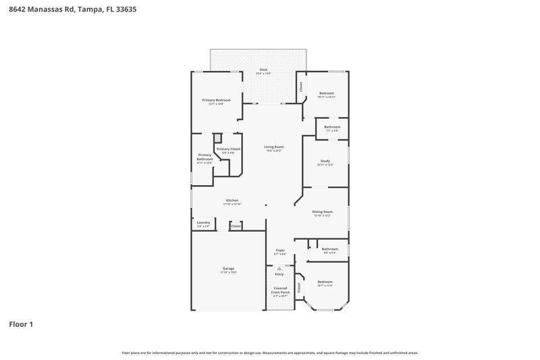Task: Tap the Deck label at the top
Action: (x=264, y=70)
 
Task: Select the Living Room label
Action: (x=273, y=147)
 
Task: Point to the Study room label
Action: (x=325, y=161)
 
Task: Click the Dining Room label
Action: (x=322, y=212)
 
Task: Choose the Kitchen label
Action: (x=232, y=201)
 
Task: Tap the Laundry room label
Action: (x=203, y=222)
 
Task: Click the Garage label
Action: (x=228, y=269)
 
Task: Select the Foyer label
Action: (x=279, y=251)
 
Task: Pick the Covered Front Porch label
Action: (x=279, y=291)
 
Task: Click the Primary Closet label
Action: (x=228, y=149)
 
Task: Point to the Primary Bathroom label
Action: (x=205, y=157)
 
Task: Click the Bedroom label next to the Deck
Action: (x=327, y=93)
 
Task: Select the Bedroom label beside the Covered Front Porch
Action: (x=325, y=282)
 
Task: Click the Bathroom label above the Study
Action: (x=331, y=127)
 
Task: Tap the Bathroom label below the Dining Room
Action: (x=330, y=249)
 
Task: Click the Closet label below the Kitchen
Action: (x=236, y=226)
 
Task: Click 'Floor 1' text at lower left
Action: (x=21, y=324)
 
